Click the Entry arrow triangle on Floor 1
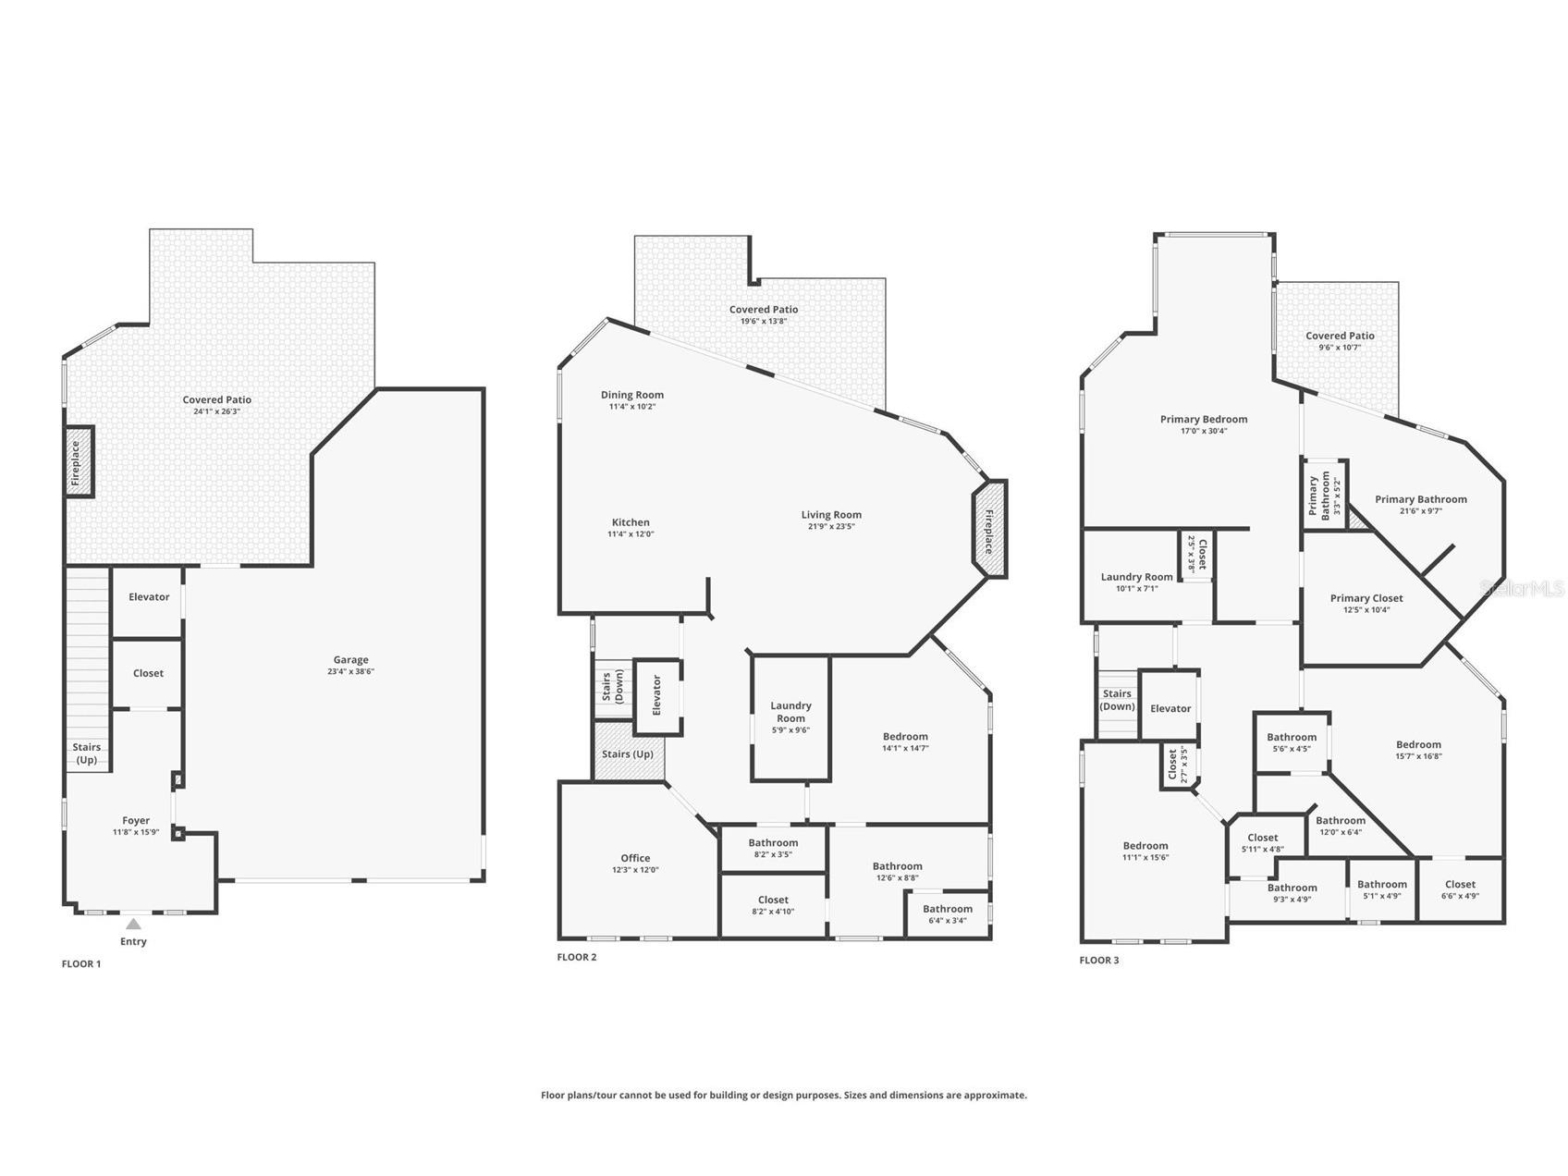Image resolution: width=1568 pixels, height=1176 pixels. tap(134, 924)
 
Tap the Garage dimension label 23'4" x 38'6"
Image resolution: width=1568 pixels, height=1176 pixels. tap(351, 671)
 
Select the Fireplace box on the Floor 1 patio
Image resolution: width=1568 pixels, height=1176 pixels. tap(79, 461)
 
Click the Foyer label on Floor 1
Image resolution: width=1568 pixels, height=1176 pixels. tap(136, 820)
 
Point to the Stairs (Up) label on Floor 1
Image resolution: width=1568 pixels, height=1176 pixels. tap(87, 753)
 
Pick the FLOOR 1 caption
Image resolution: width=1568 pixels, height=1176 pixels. tap(81, 963)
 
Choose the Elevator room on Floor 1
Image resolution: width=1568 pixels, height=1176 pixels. tap(148, 602)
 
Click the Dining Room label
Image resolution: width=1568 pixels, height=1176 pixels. tap(632, 395)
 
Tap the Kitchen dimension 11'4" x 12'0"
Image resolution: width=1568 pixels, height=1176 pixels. tap(631, 534)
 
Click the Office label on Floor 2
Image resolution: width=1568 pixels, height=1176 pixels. tap(635, 858)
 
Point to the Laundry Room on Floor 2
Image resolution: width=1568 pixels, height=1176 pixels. tap(790, 718)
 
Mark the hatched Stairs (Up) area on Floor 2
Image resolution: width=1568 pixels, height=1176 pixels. tap(628, 751)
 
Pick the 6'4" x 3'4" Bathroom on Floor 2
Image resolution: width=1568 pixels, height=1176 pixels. tap(948, 914)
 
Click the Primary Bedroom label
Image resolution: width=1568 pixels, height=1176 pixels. tap(1204, 419)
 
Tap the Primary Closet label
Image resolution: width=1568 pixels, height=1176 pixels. tap(1366, 598)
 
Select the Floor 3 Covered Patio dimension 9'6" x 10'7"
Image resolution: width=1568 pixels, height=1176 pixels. tap(1340, 348)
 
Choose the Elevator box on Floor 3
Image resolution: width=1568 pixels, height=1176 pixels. tap(1170, 705)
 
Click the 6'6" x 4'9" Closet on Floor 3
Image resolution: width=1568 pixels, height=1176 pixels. tap(1460, 889)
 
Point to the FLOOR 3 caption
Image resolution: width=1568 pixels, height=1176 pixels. tap(1099, 960)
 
